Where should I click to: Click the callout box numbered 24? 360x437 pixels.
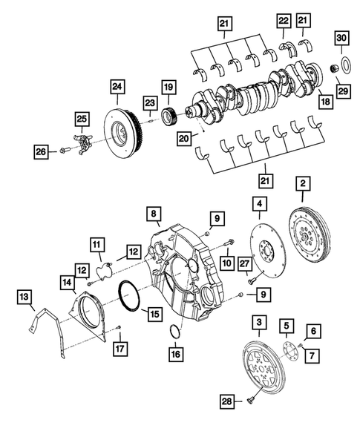116,87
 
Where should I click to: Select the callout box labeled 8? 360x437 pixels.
154,214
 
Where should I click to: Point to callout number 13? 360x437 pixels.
25,298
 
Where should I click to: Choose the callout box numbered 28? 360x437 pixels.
228,401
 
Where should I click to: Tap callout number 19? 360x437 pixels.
168,88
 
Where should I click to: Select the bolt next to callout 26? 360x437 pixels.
65,153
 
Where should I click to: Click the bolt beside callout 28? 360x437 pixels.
252,401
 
